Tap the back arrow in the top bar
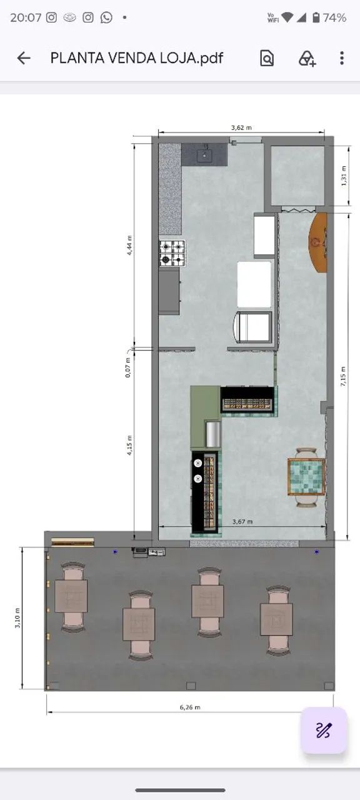tap(24, 58)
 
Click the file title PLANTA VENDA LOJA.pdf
tap(137, 58)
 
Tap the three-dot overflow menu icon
tap(342, 58)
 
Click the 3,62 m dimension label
tap(241, 127)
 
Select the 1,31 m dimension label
tap(344, 176)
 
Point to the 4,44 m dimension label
tap(129, 246)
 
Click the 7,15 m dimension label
tap(343, 376)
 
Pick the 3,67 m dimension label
tap(242, 521)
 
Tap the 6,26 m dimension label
tap(190, 707)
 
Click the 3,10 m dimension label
tap(17, 618)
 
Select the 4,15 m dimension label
tap(129, 446)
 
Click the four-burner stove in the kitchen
tap(172, 253)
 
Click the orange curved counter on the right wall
tap(319, 243)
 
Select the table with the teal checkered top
tap(306, 477)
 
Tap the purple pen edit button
tap(324, 730)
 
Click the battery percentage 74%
tap(334, 17)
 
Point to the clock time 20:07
tap(26, 17)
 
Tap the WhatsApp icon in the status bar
tap(106, 17)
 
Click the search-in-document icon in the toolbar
tap(267, 58)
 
